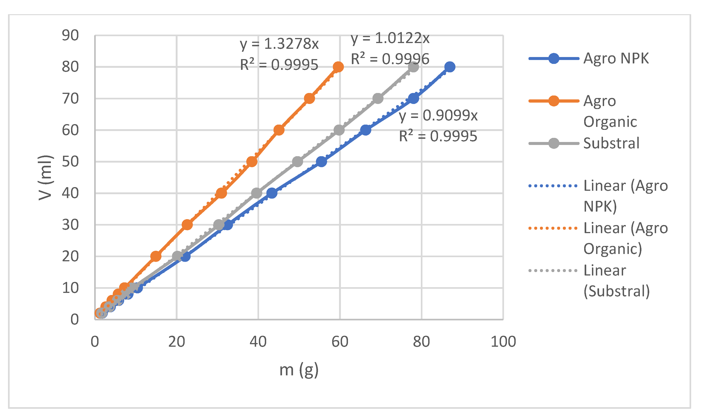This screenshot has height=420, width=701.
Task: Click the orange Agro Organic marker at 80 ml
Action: click(338, 67)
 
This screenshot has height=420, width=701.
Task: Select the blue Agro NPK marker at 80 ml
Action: click(450, 67)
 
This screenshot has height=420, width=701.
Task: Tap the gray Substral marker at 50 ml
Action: click(297, 162)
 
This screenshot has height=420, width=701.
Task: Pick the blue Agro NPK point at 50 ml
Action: click(321, 162)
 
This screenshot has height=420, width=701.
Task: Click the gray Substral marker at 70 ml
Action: click(378, 98)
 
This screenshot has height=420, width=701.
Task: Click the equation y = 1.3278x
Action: click(279, 44)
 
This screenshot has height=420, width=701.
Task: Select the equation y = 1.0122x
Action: click(390, 38)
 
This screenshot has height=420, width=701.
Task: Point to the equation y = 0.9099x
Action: click(438, 115)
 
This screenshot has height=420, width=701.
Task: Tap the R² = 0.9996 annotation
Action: click(390, 59)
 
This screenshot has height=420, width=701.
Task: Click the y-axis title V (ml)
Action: click(45, 178)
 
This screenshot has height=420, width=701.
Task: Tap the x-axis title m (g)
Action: click(299, 370)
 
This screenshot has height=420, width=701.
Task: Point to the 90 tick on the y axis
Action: click(70, 36)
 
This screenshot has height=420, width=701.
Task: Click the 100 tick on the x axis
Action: click(503, 342)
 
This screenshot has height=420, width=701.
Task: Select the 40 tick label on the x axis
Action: click(258, 342)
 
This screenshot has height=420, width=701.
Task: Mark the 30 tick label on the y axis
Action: click(70, 225)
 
